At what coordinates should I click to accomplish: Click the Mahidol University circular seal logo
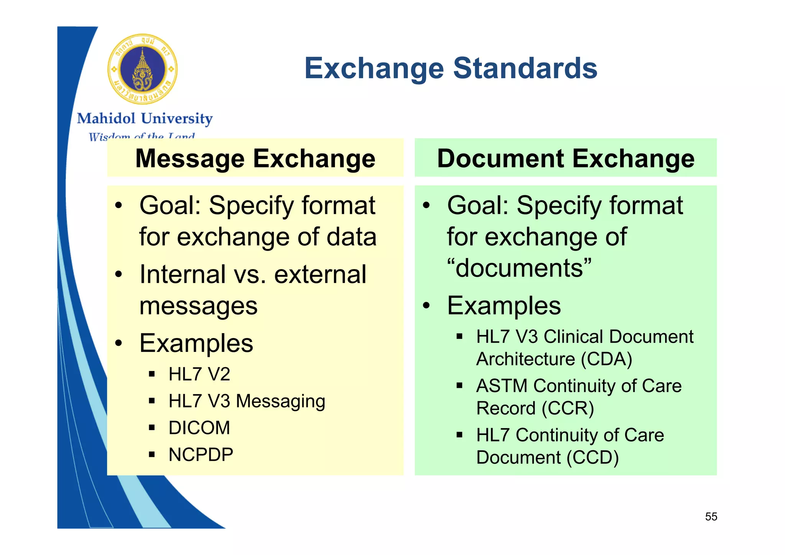point(142,69)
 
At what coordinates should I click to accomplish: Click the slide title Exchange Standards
point(451,68)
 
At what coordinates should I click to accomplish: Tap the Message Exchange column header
point(255,158)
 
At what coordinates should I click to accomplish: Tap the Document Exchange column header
point(565,158)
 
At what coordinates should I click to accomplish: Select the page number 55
point(711,517)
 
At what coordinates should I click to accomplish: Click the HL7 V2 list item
point(199,374)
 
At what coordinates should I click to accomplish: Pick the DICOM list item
point(199,428)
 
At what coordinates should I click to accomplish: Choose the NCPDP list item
point(201,455)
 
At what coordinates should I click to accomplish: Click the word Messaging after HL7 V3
point(281,401)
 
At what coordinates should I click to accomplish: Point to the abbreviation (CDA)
point(606,359)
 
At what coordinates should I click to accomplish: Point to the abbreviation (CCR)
point(568,408)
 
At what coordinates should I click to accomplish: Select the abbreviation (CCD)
point(593,458)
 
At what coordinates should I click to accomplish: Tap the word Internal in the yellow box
point(182,274)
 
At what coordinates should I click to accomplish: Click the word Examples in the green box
point(504,305)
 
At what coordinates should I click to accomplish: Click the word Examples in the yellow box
point(196,343)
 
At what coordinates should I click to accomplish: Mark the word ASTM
point(502,386)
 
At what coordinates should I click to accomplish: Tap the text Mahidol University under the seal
point(145,118)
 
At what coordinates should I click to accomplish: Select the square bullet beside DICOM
point(152,428)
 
